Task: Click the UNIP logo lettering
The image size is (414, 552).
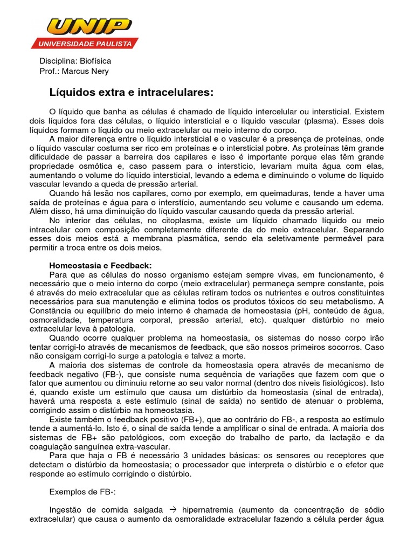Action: (x=89, y=26)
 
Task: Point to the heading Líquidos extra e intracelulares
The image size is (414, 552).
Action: (x=132, y=93)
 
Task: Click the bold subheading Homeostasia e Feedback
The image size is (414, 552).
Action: (x=101, y=266)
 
